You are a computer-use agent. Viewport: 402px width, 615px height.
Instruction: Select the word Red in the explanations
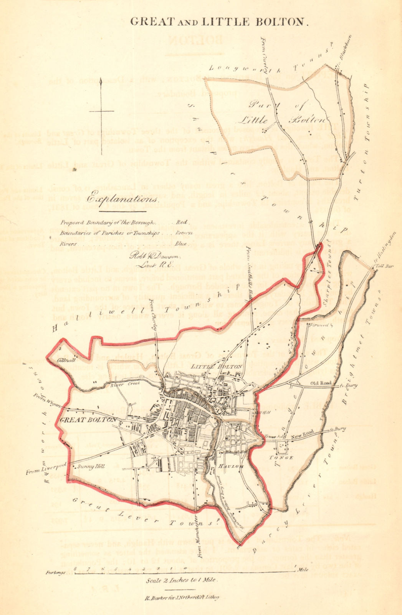(x=181, y=223)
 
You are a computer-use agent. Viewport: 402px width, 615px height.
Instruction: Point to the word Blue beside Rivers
(x=181, y=244)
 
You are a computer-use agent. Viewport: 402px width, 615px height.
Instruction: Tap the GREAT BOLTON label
(x=88, y=420)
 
